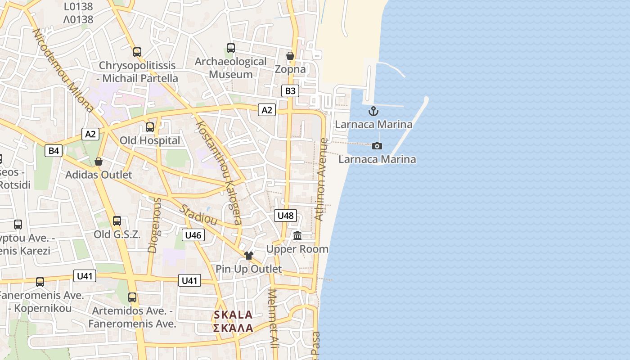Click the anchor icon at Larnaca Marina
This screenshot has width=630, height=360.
coord(373,111)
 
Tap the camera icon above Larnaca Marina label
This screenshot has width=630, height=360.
coord(377,146)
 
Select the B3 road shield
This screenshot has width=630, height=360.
coord(290,91)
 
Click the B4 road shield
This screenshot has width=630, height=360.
coord(54,151)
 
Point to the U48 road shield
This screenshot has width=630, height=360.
coord(285,216)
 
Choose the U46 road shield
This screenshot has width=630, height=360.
coord(193,235)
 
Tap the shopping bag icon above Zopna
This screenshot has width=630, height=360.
coord(290,56)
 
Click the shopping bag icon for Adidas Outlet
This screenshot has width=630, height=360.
coord(99,162)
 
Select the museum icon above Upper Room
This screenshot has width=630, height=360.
coord(297,235)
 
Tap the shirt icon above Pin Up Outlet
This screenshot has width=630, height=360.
coord(248,256)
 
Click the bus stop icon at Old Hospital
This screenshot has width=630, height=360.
coord(150,127)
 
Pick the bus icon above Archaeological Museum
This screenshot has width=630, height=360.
coord(231,48)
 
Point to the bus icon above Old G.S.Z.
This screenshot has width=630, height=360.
coord(117,221)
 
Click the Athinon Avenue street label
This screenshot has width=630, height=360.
coord(321,179)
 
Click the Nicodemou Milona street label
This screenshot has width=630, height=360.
coord(63,70)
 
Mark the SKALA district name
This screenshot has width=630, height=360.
coord(233,315)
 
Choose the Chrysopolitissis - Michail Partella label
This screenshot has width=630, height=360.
coord(138,72)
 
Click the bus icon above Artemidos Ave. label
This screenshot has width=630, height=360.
coord(132,297)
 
